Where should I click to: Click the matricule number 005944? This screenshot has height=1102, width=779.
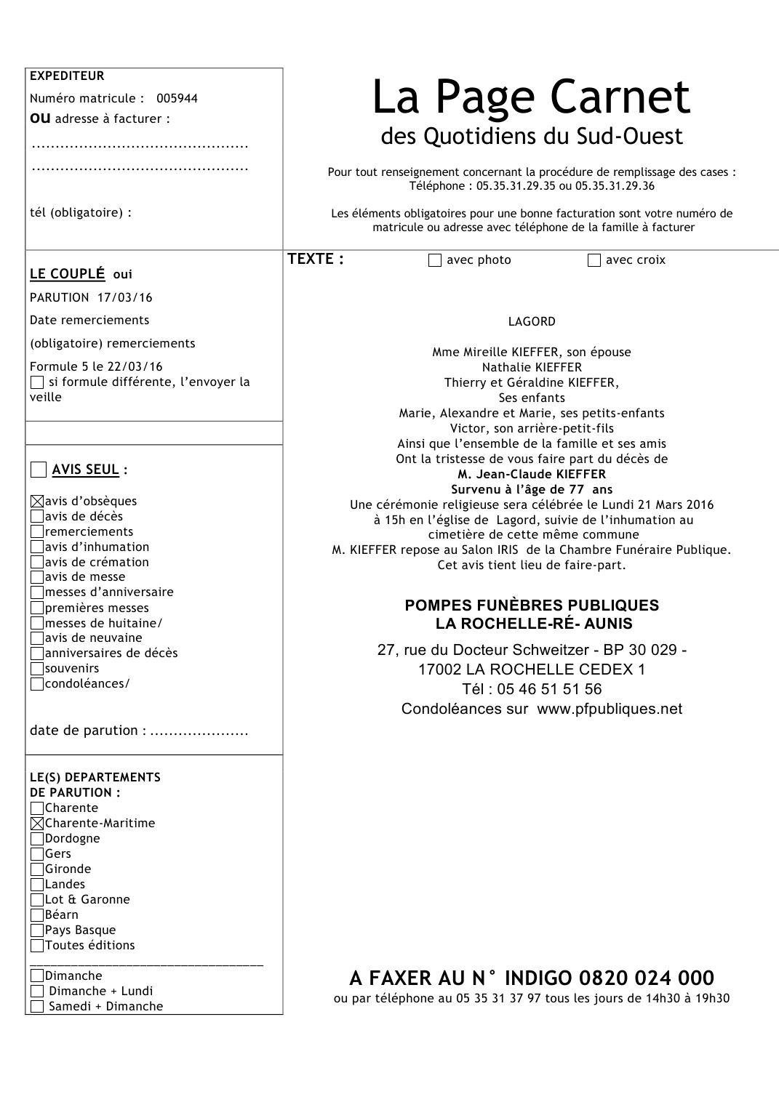click(177, 98)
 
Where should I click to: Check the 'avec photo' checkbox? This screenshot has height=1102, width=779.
click(435, 260)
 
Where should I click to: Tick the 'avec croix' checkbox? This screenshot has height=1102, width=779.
click(594, 260)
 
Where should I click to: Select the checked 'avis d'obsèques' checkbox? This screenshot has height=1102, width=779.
click(37, 502)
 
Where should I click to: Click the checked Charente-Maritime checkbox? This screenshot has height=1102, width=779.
click(37, 824)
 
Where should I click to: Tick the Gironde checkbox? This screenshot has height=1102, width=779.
click(37, 869)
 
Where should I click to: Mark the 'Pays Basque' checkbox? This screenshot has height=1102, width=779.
click(37, 930)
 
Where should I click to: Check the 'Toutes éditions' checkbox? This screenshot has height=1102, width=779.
click(37, 946)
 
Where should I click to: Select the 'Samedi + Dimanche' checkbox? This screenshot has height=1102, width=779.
click(37, 1007)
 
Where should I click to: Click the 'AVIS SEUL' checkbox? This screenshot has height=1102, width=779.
click(39, 470)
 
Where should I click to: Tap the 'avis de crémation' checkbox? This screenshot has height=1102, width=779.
click(37, 562)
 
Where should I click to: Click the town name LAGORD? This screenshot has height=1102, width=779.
click(532, 321)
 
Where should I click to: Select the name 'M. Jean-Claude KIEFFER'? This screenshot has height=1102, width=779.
click(532, 474)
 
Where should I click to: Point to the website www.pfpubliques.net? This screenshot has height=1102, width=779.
click(610, 709)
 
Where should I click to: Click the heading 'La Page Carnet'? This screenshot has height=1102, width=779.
click(531, 97)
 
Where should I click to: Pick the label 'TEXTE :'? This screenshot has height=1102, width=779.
click(316, 260)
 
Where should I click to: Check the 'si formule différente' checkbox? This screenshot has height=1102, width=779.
click(37, 382)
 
